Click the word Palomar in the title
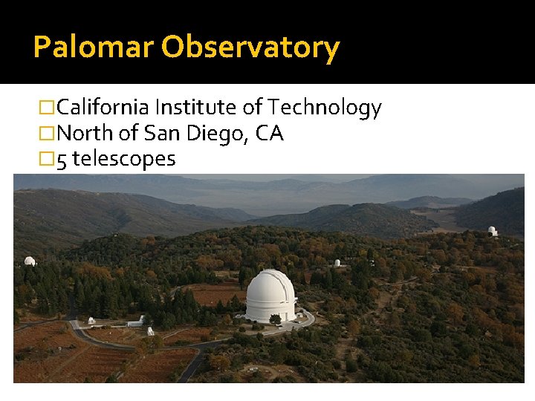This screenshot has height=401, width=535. tap(94, 48)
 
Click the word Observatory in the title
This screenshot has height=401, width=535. tap(250, 48)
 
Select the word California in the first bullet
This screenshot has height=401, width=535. tap(103, 108)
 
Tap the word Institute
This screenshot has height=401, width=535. tap(197, 108)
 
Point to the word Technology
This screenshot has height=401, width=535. tap(325, 108)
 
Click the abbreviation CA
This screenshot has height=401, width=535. tap(270, 134)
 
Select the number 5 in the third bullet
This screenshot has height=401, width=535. tap(62, 159)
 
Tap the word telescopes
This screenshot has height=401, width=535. tap(124, 159)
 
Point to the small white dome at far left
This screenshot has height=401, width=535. tap(30, 261)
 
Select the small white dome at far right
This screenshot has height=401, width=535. tap(492, 231)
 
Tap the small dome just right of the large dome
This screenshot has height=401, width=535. tap(337, 263)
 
